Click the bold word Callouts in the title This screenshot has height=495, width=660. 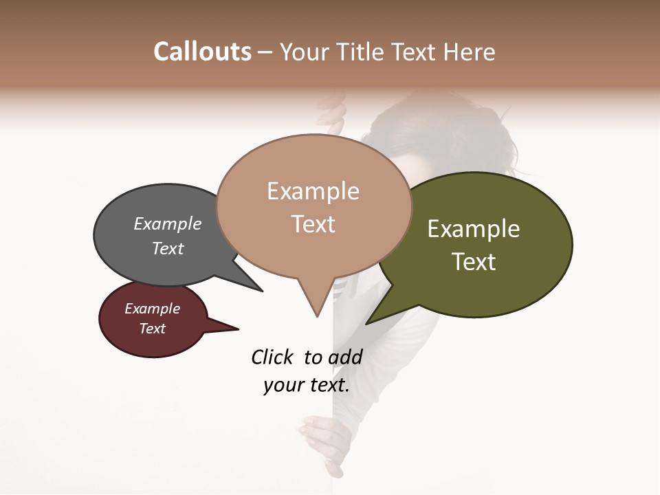click(202, 52)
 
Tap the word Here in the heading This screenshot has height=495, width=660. click(470, 52)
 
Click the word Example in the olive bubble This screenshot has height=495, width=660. click(474, 229)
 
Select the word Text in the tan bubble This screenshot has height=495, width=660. click(313, 224)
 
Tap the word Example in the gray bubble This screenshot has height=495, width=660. click(168, 224)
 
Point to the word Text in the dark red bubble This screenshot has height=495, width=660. click(153, 329)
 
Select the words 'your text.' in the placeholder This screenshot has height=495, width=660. click(306, 386)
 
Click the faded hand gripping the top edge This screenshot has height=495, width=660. click(333, 114)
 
